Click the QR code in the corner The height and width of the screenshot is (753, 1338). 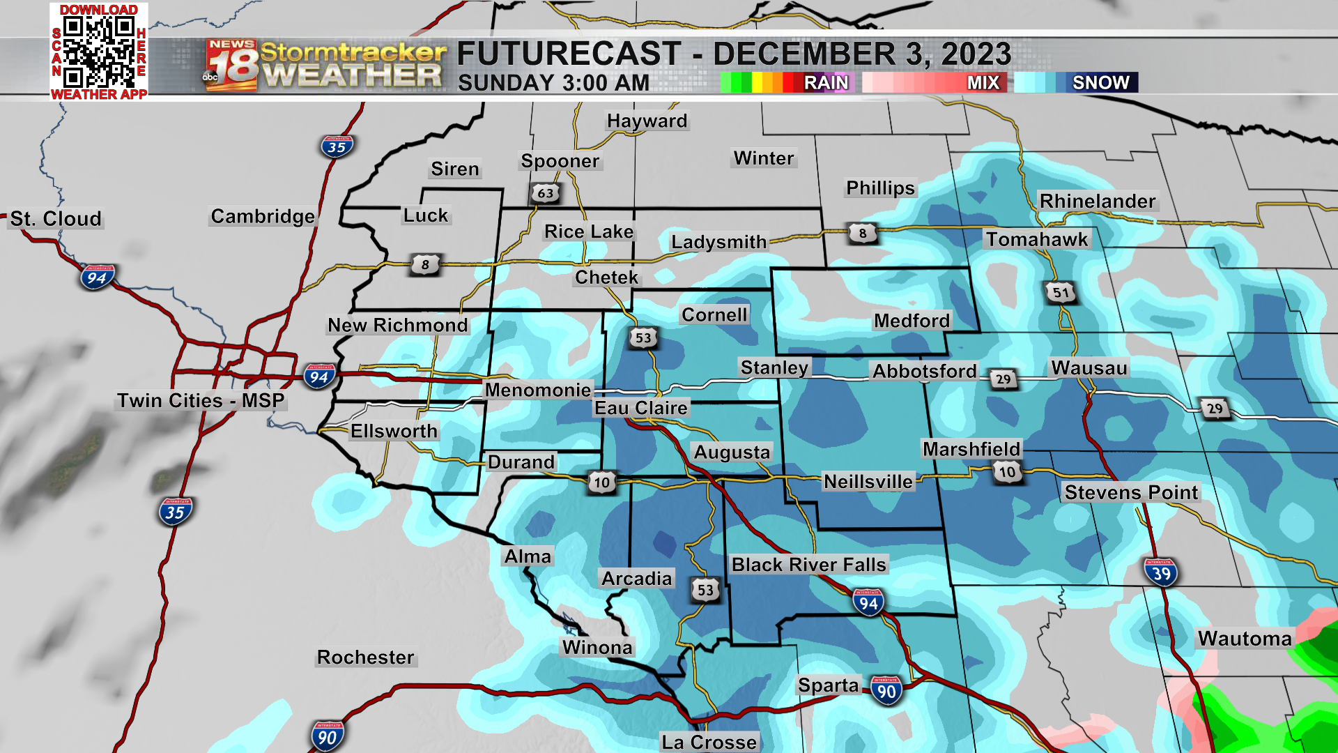[98, 51]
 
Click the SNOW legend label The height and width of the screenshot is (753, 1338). [1100, 82]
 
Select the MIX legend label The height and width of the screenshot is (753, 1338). [983, 82]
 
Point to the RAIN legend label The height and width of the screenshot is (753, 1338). [826, 82]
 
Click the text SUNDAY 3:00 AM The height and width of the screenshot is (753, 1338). [553, 83]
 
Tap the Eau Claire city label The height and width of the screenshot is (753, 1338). [640, 408]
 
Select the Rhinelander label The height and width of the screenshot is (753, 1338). [1097, 201]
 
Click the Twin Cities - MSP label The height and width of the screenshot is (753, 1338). [201, 401]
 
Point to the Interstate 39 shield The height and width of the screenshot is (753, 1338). [1161, 573]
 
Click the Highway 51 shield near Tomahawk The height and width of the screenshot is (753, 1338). [1061, 292]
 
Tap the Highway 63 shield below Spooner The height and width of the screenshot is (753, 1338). [546, 193]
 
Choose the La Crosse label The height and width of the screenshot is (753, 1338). [709, 742]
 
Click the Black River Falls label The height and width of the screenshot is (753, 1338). [808, 565]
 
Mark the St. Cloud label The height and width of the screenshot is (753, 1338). [56, 219]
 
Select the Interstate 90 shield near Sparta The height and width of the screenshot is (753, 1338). [886, 691]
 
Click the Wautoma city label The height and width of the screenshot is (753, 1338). [1245, 639]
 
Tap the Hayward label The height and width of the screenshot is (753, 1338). [647, 121]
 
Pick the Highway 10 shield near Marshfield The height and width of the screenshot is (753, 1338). [1007, 472]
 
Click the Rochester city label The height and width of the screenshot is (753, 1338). [365, 657]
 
